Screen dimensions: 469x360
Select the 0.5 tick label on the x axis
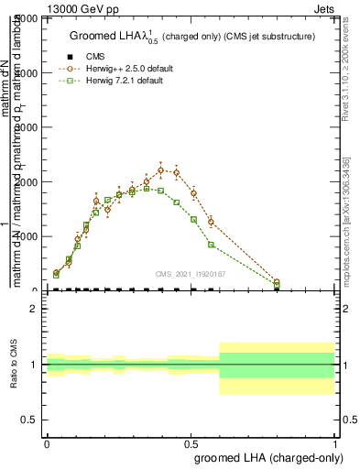click(x=191, y=443)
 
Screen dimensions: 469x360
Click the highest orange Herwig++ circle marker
click(x=160, y=169)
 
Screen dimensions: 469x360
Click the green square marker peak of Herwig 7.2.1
click(x=147, y=188)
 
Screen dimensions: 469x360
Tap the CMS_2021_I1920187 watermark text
click(x=191, y=272)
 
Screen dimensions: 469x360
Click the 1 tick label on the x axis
click(x=335, y=443)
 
